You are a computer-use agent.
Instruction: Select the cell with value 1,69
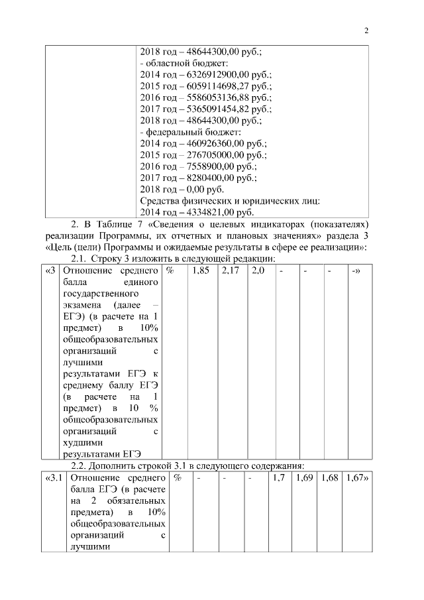305,477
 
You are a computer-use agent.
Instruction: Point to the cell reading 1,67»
356,477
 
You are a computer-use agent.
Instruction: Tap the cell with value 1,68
329,477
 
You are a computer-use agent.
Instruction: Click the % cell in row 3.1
178,477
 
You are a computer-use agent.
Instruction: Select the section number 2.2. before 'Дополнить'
80,465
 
